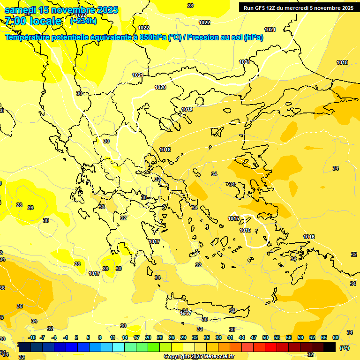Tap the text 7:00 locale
(x=33, y=21)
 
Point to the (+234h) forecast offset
(x=83, y=21)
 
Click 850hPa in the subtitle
(x=153, y=37)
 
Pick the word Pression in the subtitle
(x=209, y=37)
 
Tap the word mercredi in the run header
(x=304, y=8)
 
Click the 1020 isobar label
(x=160, y=87)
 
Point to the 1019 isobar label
(x=187, y=109)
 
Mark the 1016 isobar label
(x=309, y=237)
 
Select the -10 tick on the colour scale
(x=32, y=337)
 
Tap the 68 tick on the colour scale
(x=336, y=337)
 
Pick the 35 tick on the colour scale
(x=207, y=337)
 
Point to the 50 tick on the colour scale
(x=265, y=337)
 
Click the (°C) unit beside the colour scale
(x=345, y=348)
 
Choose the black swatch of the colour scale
(x=330, y=347)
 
